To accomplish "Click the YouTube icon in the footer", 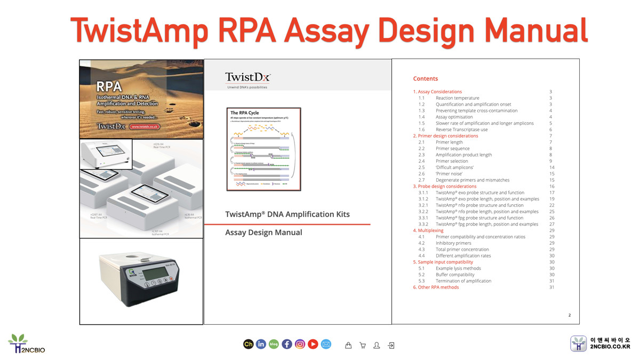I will [x=313, y=345].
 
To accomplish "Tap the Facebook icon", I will [x=287, y=345].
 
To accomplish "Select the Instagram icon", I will [x=300, y=345].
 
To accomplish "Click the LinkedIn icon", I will [x=261, y=345].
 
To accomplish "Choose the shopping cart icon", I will [x=363, y=345].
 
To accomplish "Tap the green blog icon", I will [x=274, y=345].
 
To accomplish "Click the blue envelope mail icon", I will [x=326, y=345].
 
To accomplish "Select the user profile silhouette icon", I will [x=377, y=345].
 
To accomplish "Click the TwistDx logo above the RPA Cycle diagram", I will [x=247, y=78].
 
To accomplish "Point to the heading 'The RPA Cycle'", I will [x=244, y=113].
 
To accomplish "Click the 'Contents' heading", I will [x=425, y=78].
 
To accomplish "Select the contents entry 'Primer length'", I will [x=449, y=142].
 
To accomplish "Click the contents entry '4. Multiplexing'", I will [x=428, y=230].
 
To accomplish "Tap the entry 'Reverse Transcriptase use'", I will [x=461, y=130].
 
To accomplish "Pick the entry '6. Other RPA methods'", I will [x=436, y=287].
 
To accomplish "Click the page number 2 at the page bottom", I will [x=569, y=315].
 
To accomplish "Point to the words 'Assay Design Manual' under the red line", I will [x=263, y=233].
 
